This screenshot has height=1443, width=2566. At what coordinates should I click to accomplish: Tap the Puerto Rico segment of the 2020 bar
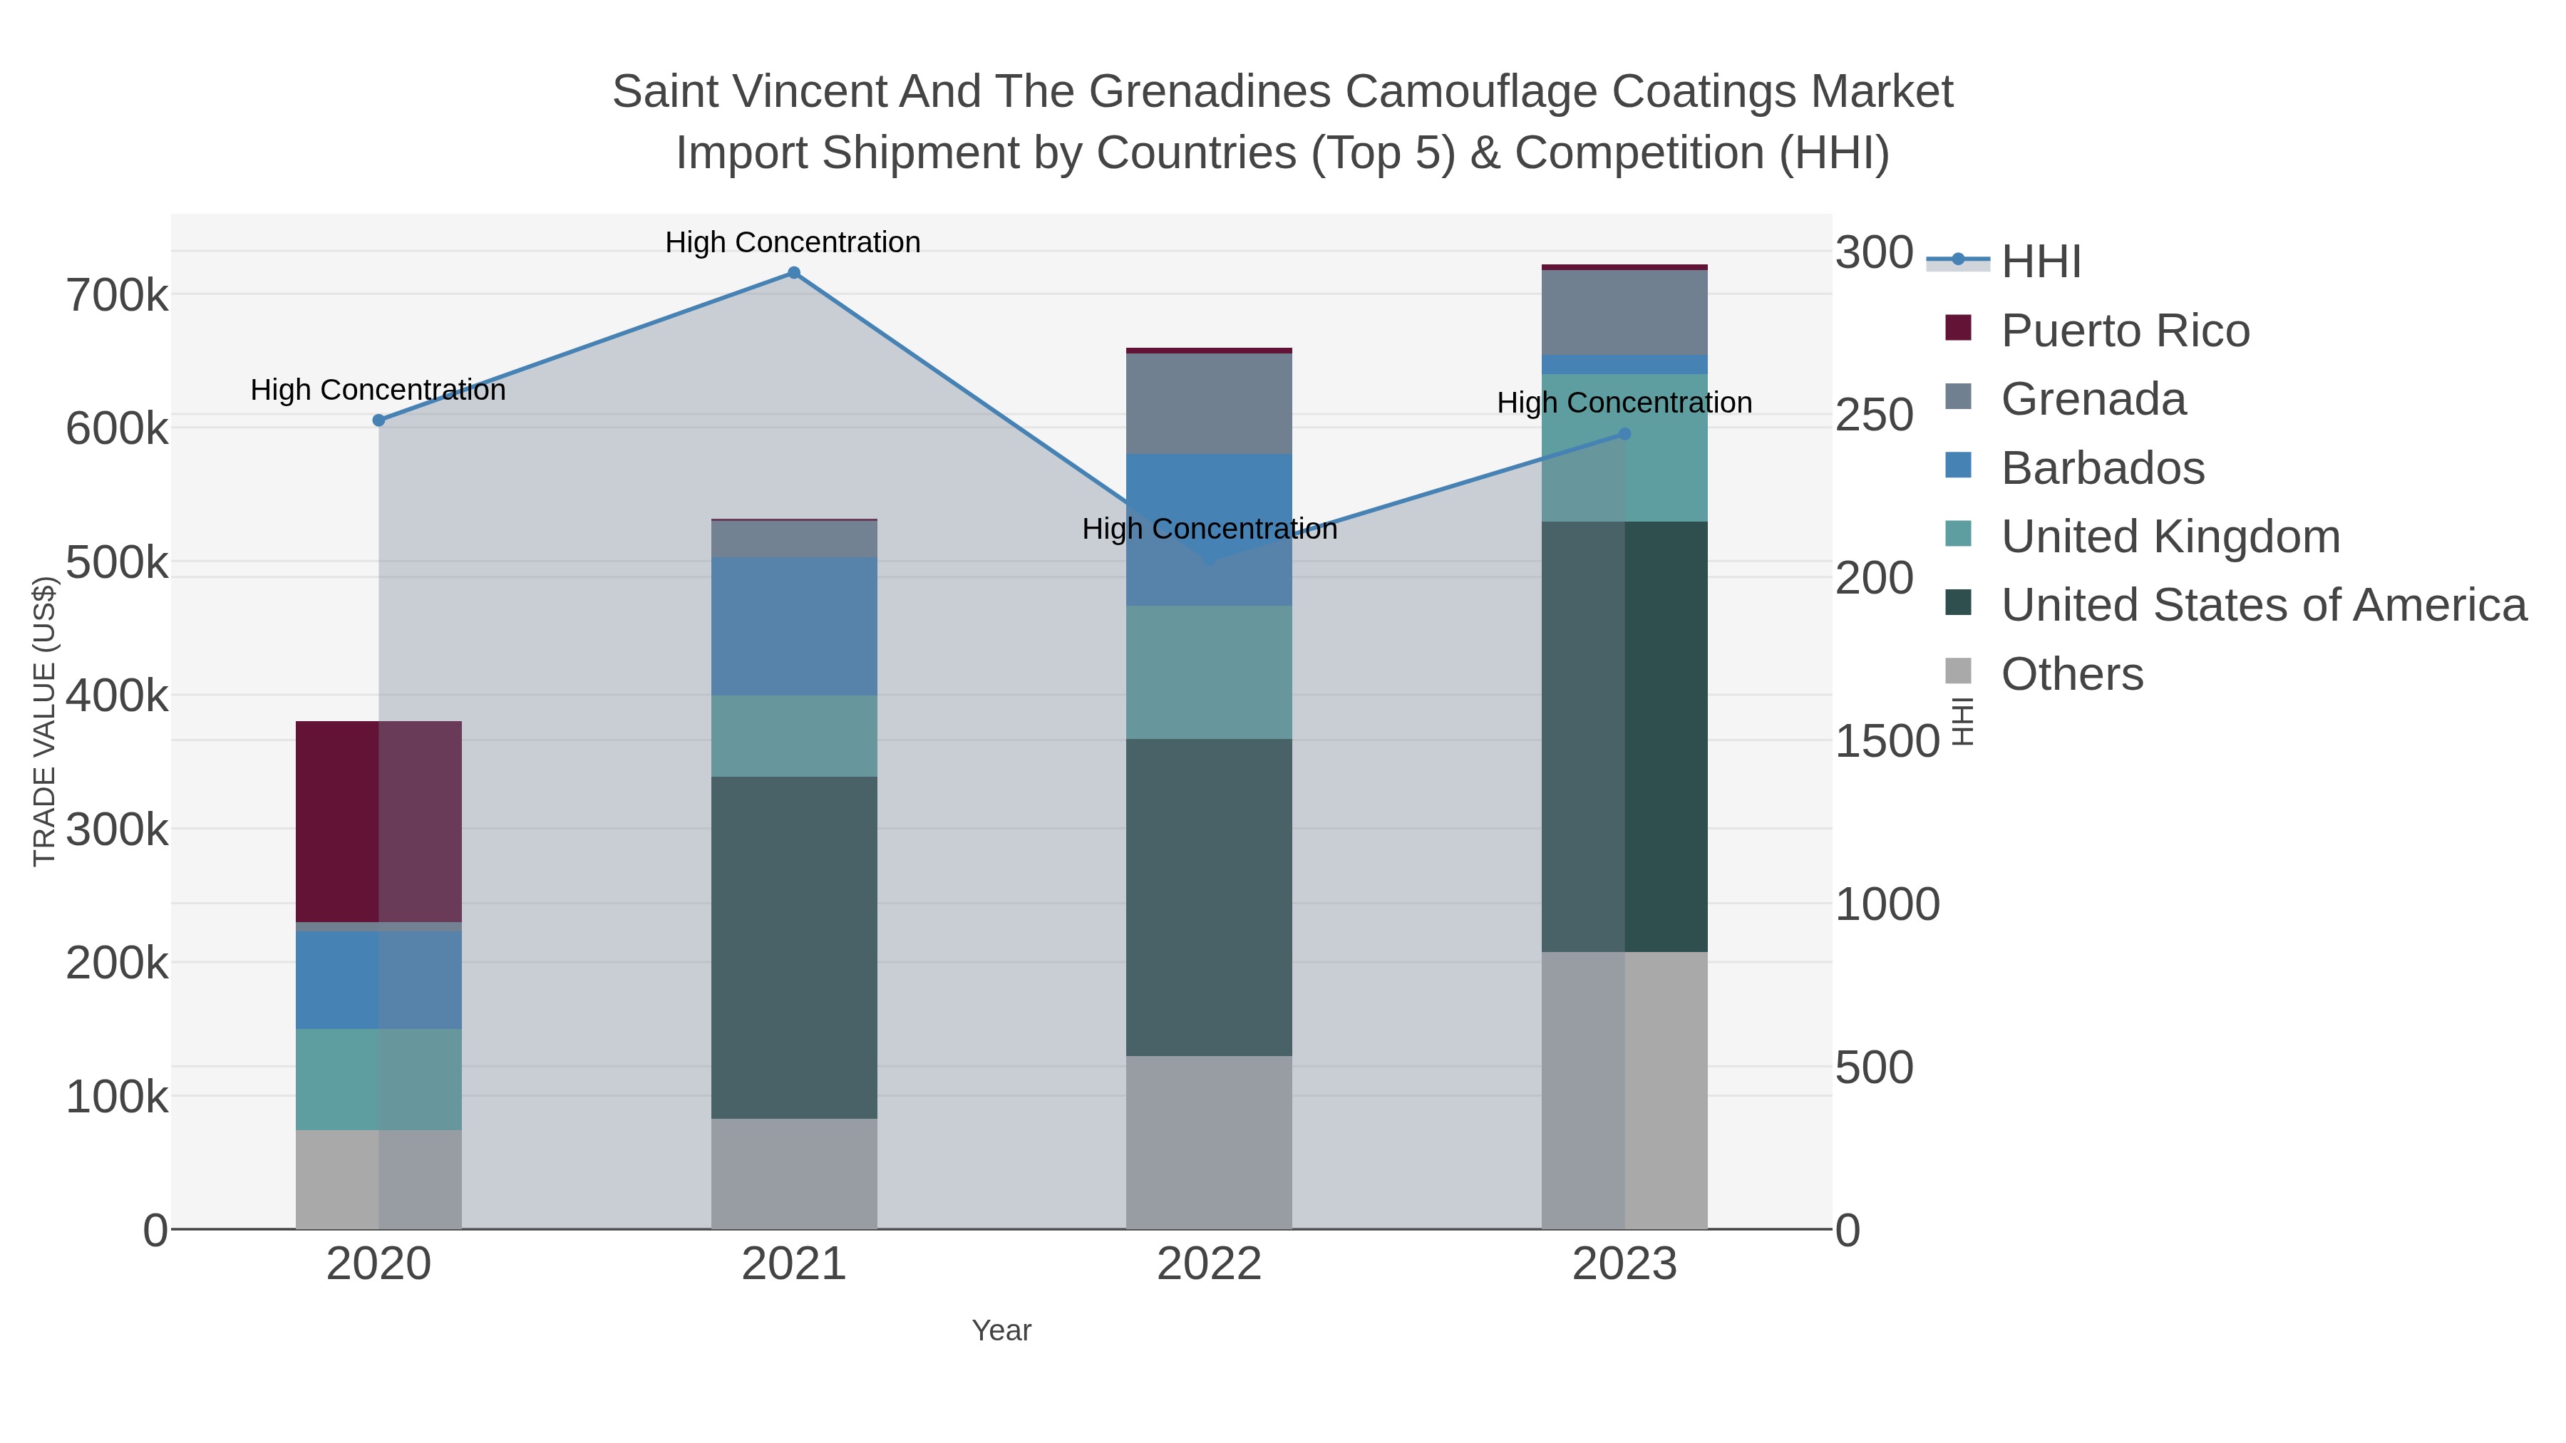378,822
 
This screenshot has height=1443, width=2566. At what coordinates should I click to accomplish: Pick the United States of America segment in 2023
1624,737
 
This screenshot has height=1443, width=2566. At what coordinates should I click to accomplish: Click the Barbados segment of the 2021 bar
794,626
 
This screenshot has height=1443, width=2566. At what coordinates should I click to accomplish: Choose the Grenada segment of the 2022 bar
1210,403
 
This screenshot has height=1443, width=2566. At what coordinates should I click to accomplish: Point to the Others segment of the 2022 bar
1210,1142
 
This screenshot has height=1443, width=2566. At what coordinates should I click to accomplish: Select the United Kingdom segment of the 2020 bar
378,1080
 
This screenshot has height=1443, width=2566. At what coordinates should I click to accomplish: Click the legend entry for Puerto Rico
2125,331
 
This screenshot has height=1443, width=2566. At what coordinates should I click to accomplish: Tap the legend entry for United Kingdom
2170,537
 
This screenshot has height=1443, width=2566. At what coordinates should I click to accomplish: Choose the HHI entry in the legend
2040,262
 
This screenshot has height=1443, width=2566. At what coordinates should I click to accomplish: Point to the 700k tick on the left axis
117,296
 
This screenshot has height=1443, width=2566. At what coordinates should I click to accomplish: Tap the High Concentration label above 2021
793,242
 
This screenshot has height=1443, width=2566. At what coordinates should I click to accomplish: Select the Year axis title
1001,1330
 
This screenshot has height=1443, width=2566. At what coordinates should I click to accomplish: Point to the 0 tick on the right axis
1848,1231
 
